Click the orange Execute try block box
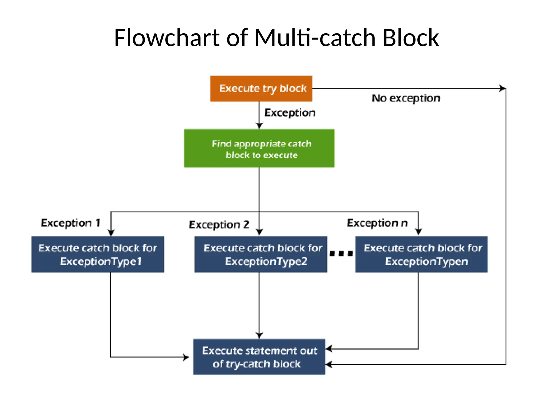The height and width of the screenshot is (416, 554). click(x=261, y=89)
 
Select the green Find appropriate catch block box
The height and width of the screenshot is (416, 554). click(x=259, y=148)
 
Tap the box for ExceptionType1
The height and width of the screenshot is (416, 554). click(x=98, y=254)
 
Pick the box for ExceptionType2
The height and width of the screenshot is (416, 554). click(x=260, y=254)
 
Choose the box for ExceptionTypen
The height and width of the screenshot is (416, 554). click(x=421, y=254)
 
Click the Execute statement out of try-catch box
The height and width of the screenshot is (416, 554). click(x=259, y=357)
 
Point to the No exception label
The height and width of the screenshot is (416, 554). click(x=406, y=98)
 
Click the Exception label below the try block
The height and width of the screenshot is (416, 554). click(x=290, y=112)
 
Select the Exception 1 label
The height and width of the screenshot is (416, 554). click(x=70, y=223)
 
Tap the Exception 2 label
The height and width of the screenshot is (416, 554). click(x=219, y=225)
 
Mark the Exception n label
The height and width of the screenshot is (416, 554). click(x=377, y=223)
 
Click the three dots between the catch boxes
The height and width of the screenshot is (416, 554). click(x=341, y=253)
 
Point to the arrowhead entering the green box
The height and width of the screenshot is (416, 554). click(x=259, y=126)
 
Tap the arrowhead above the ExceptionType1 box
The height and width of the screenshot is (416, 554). click(x=111, y=233)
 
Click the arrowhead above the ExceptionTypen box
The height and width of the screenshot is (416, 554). click(x=418, y=232)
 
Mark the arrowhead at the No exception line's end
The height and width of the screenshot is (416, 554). click(x=502, y=88)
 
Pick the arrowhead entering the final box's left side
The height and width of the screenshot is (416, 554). click(x=186, y=357)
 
